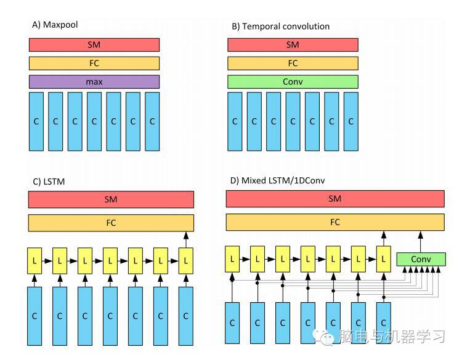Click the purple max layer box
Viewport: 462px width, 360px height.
pos(94,81)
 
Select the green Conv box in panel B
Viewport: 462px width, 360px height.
pos(293,81)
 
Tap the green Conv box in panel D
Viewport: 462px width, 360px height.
pos(421,259)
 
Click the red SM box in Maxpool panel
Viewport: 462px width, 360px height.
pos(94,44)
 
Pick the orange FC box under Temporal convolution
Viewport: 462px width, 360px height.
pos(293,63)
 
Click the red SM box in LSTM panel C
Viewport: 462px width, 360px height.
pos(111,199)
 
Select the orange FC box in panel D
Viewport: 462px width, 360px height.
pos(335,222)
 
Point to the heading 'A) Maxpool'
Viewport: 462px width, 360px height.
pos(54,25)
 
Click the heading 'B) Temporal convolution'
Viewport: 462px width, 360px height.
pos(280,26)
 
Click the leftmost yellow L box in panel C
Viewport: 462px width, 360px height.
pos(34,261)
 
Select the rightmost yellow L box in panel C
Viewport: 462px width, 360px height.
pos(185,261)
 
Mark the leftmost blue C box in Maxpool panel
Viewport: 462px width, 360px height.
pos(36,121)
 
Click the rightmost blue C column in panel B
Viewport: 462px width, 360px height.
pos(351,121)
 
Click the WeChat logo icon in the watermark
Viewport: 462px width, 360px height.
pos(324,337)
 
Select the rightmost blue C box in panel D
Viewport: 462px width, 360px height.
pos(384,322)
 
